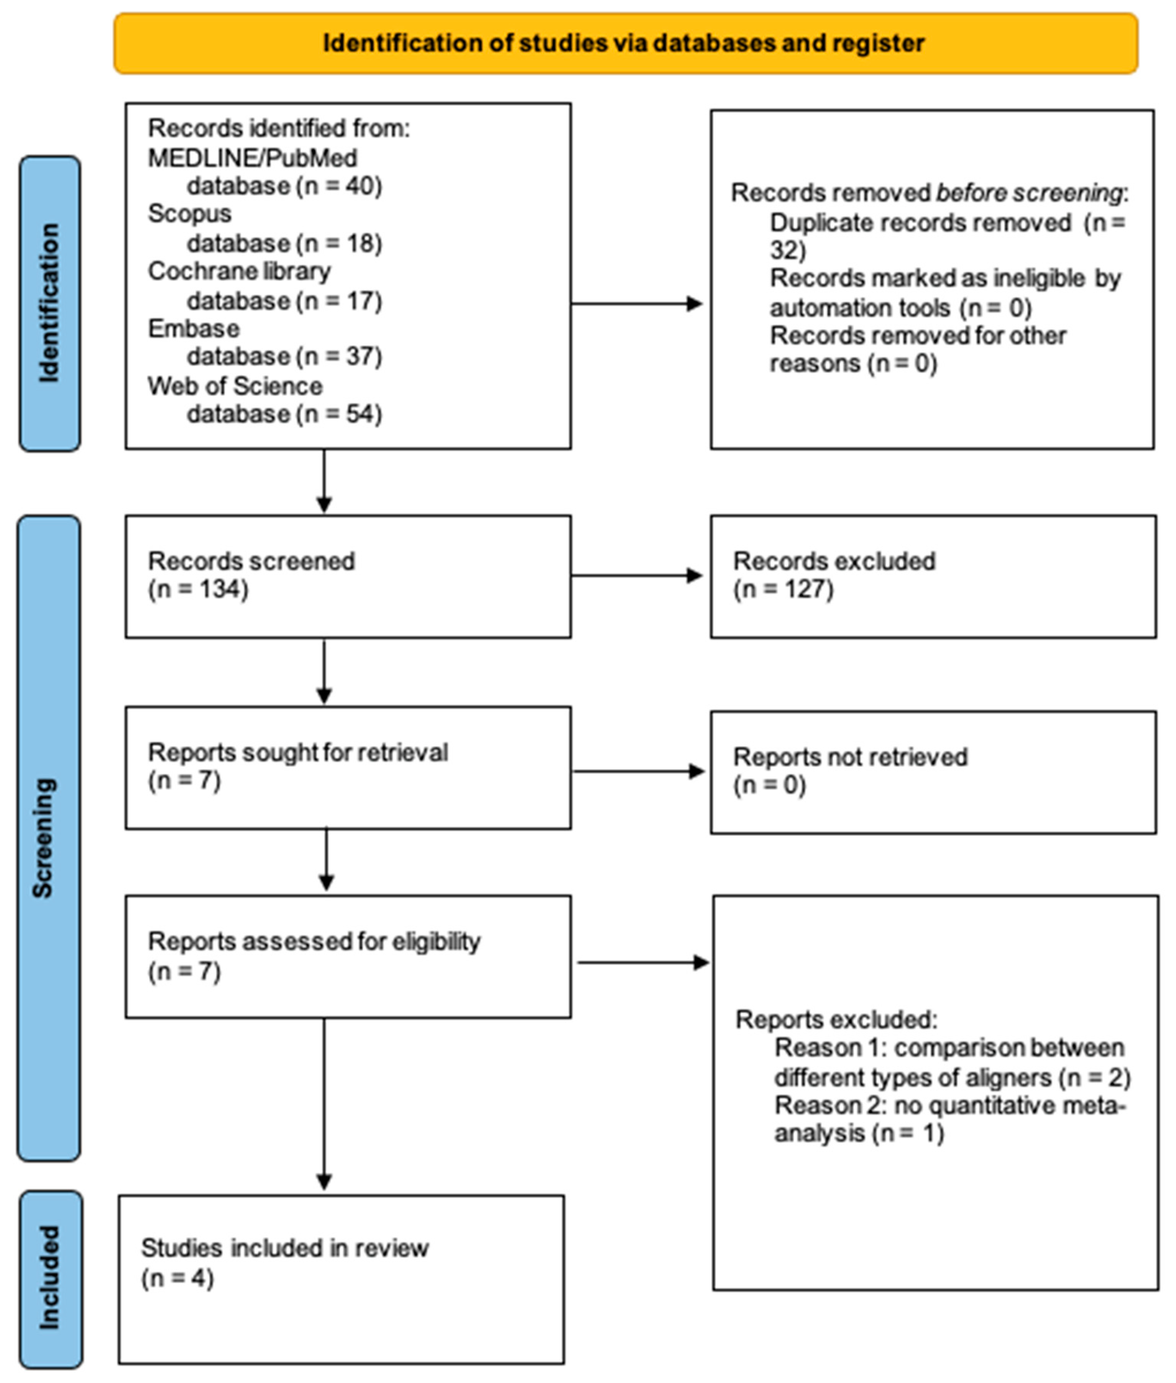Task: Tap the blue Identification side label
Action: coord(50,303)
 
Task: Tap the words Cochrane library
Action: coord(239,271)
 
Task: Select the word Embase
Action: coord(193,328)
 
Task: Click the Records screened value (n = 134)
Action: coord(198,590)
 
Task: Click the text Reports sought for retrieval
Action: coord(297,753)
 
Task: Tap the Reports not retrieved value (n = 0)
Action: coord(770,785)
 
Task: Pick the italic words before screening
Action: coord(1029,193)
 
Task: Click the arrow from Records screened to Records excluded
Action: coord(637,576)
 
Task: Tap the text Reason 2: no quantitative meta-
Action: coord(949,1106)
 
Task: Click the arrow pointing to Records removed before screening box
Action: coord(637,304)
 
